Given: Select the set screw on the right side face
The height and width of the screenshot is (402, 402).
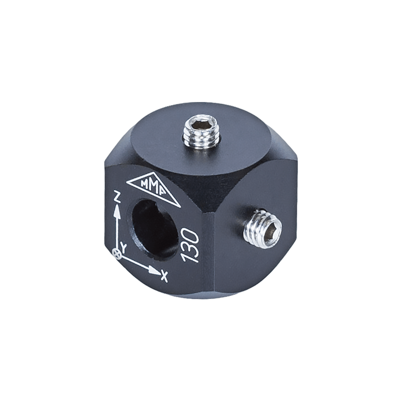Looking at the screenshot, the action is pos(262,228).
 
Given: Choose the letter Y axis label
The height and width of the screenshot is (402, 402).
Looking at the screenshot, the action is pos(124,247).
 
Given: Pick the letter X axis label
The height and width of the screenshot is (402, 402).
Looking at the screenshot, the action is pos(164,275).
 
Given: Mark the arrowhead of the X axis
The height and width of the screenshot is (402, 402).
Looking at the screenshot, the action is pos(154,270).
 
